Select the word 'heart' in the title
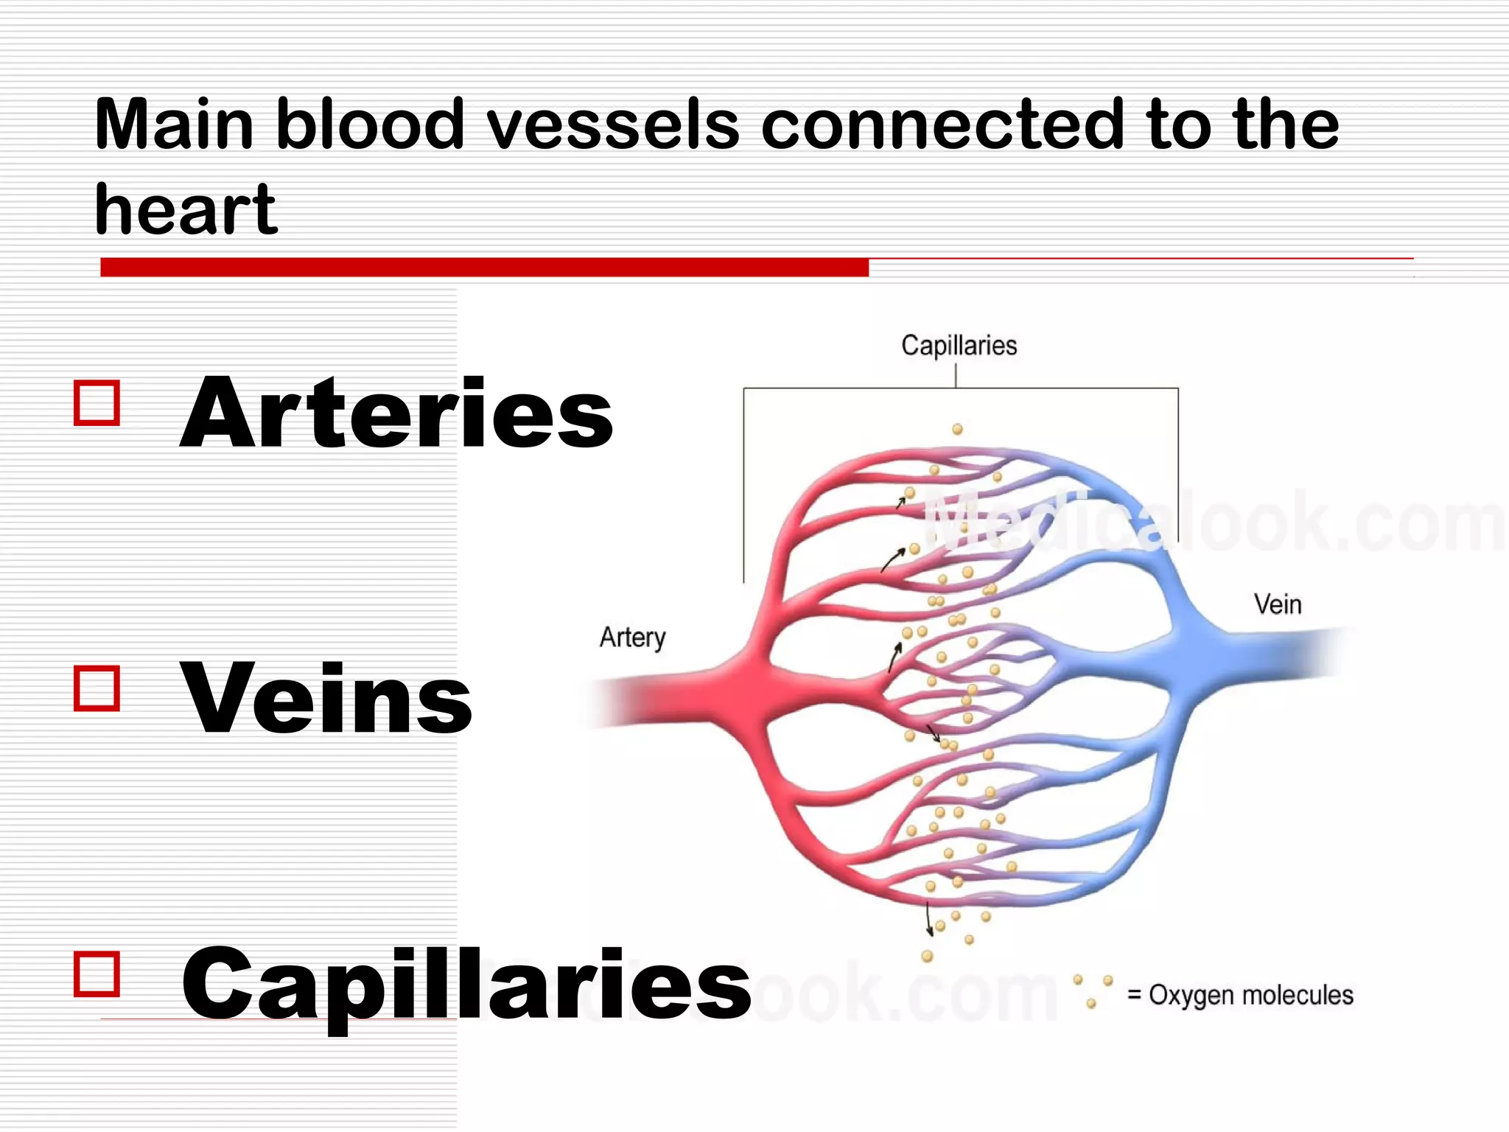(x=186, y=210)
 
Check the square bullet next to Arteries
(x=97, y=403)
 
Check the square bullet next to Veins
(x=97, y=688)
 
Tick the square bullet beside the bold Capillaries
(x=97, y=974)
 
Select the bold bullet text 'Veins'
(x=326, y=699)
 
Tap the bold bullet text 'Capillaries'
(x=466, y=985)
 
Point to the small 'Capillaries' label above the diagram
(x=959, y=346)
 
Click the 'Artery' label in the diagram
(x=632, y=637)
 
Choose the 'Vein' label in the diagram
(x=1278, y=604)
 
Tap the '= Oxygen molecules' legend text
(x=1240, y=995)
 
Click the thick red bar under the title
(x=484, y=267)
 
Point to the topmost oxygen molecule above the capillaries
(x=957, y=429)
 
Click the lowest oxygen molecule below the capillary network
(x=927, y=957)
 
